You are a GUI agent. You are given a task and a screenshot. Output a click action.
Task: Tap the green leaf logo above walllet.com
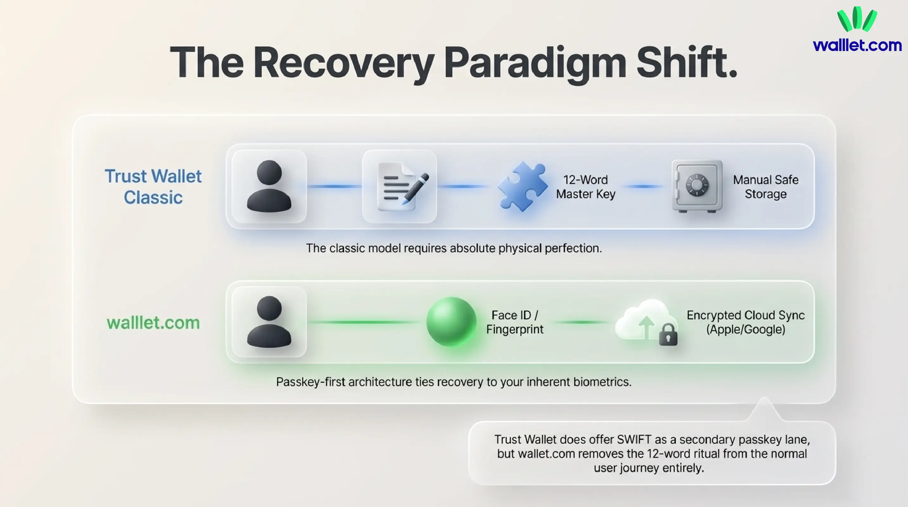tap(857, 19)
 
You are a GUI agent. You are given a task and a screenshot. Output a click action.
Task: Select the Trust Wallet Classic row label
tap(153, 187)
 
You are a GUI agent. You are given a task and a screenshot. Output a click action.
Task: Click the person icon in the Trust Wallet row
tap(269, 186)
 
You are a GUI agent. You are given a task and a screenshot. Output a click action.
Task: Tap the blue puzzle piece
tap(522, 186)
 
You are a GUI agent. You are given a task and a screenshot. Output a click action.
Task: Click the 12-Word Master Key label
tap(586, 187)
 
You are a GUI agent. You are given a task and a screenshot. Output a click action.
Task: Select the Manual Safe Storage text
tap(765, 187)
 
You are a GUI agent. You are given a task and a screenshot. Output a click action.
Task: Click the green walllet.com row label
tap(153, 323)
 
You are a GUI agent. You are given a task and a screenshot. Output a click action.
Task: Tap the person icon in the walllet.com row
tap(269, 322)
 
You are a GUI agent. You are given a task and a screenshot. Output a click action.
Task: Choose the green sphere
tap(451, 322)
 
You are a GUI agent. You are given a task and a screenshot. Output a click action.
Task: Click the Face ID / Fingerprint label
tap(515, 322)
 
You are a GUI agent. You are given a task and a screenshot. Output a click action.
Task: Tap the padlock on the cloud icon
tap(668, 335)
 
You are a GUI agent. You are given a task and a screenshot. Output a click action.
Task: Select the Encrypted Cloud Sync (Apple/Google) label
tap(746, 322)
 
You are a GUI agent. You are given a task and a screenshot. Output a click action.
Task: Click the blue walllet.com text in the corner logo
tap(857, 46)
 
